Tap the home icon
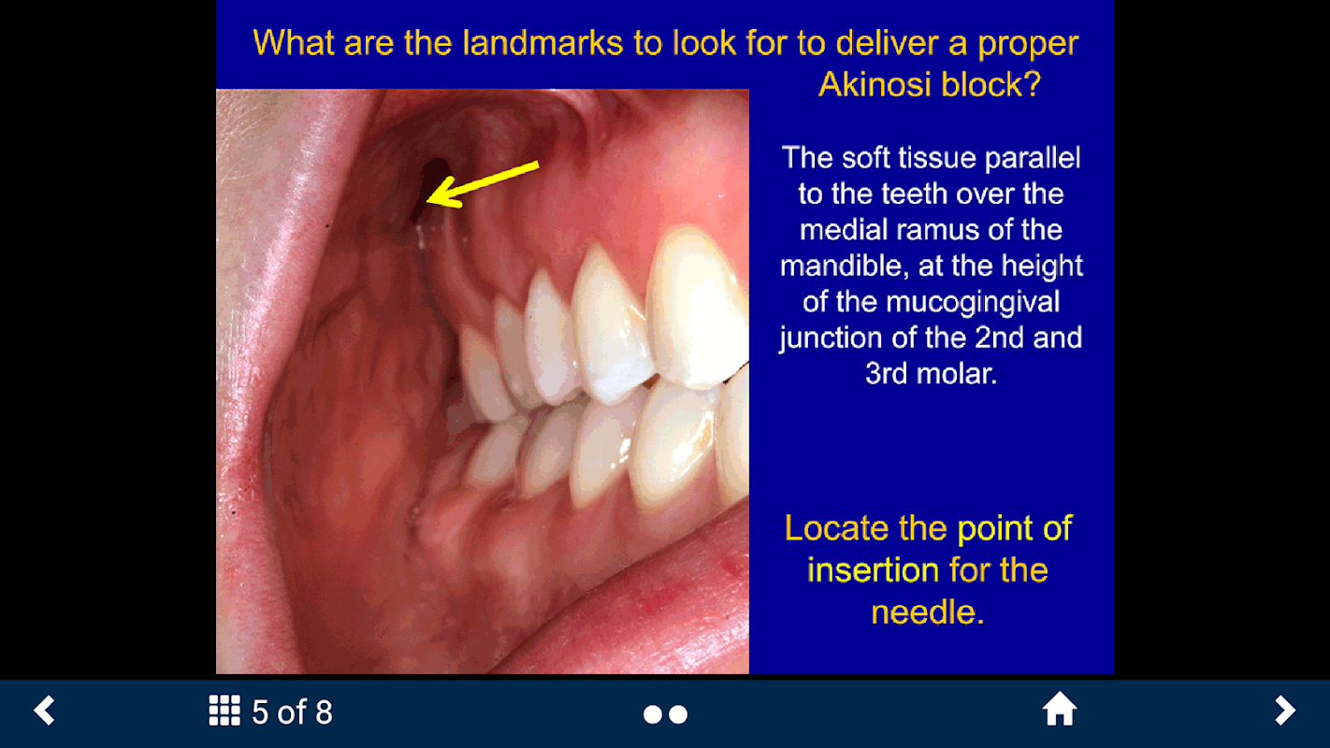(x=1060, y=709)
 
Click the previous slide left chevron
(x=45, y=710)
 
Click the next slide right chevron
(x=1285, y=710)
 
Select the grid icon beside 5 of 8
(x=224, y=711)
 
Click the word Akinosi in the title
(x=875, y=84)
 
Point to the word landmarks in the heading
(x=542, y=43)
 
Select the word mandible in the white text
(x=845, y=266)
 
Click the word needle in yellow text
(x=928, y=612)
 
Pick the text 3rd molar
(x=931, y=374)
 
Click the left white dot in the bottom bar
(x=653, y=714)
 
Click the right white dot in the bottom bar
(x=678, y=714)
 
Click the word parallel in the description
(x=1033, y=158)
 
